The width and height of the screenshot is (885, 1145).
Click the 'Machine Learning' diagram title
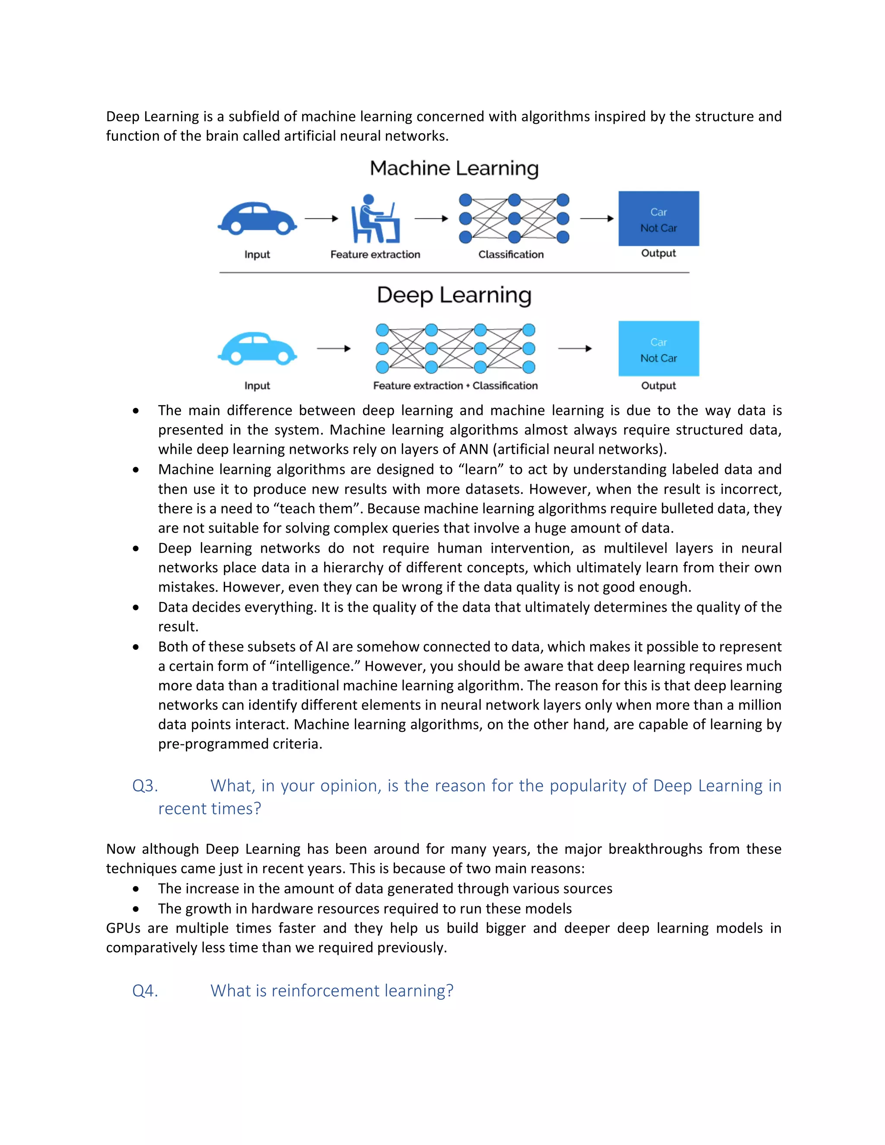tap(454, 168)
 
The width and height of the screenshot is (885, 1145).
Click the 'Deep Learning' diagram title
tap(454, 295)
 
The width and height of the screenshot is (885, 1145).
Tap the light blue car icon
tap(258, 348)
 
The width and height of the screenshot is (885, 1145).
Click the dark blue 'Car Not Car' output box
tap(659, 219)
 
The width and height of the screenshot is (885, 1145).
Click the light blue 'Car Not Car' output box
tap(659, 349)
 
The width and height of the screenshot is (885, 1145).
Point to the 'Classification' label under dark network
tap(511, 254)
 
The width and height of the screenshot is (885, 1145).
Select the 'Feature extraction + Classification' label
tap(455, 385)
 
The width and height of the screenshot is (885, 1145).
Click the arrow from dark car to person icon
tap(322, 219)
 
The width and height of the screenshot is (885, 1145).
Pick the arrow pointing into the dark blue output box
tap(597, 219)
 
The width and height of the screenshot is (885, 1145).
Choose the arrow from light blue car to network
tap(334, 349)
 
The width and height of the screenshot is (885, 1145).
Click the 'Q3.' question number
tap(145, 786)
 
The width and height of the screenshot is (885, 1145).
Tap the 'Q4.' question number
tap(145, 991)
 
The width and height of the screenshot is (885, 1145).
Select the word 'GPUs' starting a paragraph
tap(123, 929)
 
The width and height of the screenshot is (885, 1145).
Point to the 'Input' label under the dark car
tap(257, 254)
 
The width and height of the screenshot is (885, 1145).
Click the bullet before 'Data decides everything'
tap(136, 607)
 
